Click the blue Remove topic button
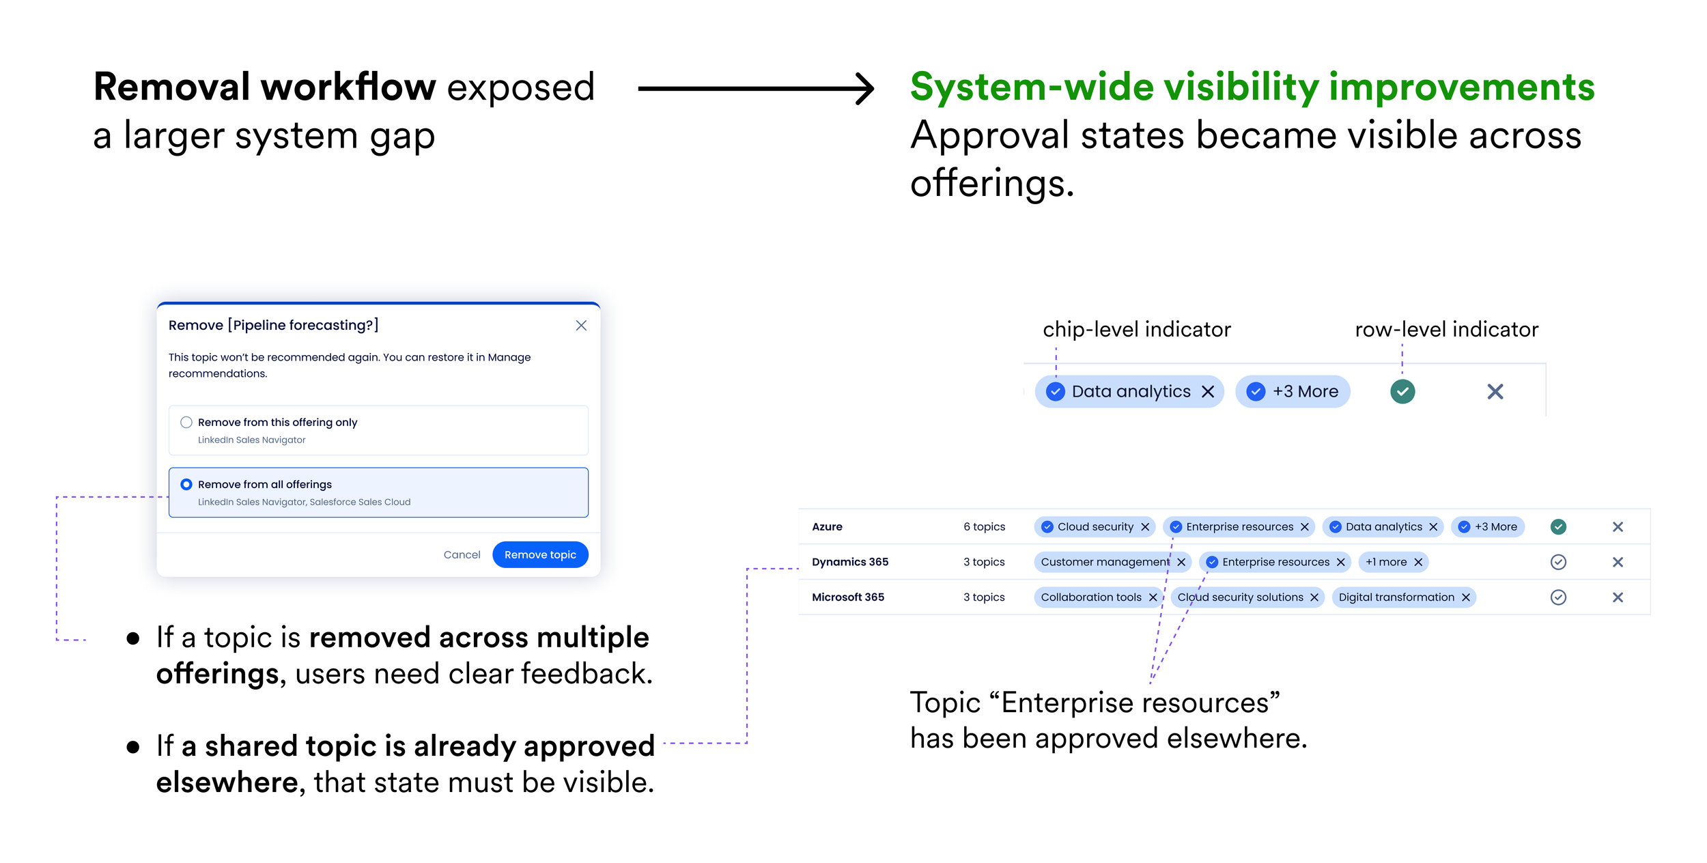click(x=540, y=554)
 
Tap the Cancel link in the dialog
click(x=462, y=554)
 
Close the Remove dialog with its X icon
click(x=581, y=326)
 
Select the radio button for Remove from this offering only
click(x=186, y=422)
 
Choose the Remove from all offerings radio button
click(x=186, y=484)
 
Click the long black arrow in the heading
click(x=756, y=88)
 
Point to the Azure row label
click(x=827, y=526)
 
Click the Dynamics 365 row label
click(x=850, y=562)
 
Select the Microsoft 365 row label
click(x=848, y=597)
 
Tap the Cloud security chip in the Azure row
click(x=1095, y=526)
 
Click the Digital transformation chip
click(x=1404, y=597)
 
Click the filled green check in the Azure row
click(x=1558, y=526)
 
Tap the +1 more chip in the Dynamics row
click(x=1393, y=562)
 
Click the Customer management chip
click(x=1113, y=562)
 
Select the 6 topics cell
click(x=984, y=526)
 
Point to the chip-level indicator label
click(x=1137, y=330)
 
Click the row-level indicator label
click(x=1447, y=330)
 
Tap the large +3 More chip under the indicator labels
click(x=1293, y=391)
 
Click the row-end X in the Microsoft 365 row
click(x=1618, y=597)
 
